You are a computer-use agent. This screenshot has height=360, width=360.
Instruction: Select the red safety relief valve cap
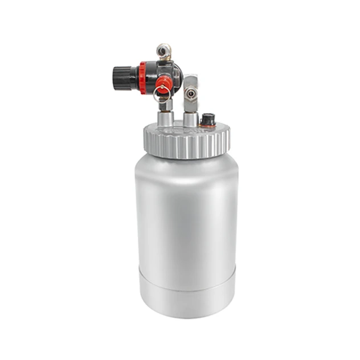[x=163, y=84]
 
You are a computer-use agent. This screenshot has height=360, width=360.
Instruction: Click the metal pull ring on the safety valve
[x=159, y=95]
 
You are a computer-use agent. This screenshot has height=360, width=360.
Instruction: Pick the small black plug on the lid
[x=208, y=118]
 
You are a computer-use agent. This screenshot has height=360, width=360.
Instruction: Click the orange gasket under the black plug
[x=208, y=124]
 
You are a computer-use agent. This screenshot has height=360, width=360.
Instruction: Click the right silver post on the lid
[x=190, y=118]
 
